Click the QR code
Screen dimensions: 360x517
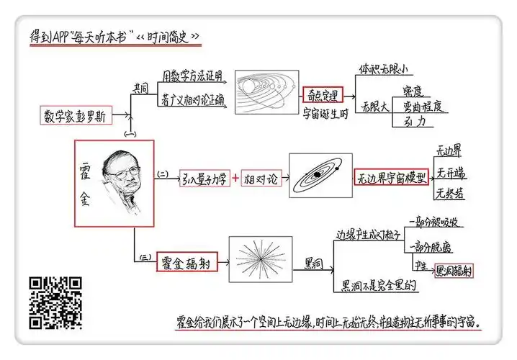point(55,302)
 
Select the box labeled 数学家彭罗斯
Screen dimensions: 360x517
point(78,114)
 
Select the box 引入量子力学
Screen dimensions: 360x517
point(204,179)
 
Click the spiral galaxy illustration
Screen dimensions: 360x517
point(319,175)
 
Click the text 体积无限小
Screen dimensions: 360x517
point(382,70)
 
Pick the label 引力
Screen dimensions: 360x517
point(417,122)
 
